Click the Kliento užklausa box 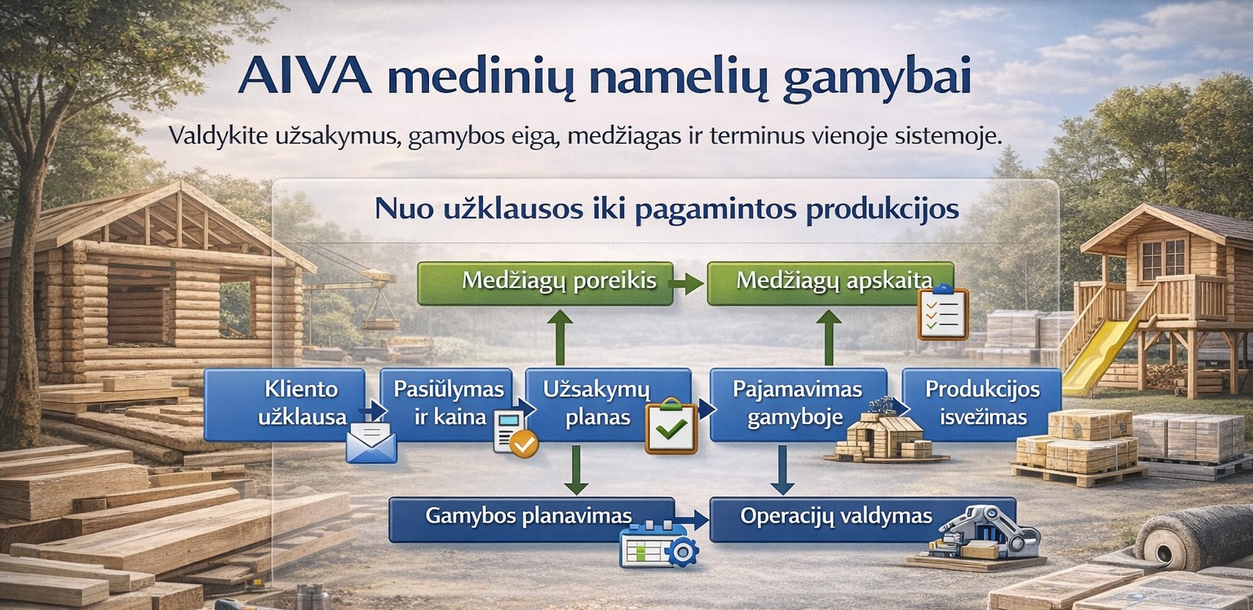pyautogui.click(x=285, y=404)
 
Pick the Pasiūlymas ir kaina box pyautogui.click(x=446, y=404)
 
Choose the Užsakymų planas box pyautogui.click(x=609, y=404)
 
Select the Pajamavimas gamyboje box pyautogui.click(x=799, y=404)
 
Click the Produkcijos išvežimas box pyautogui.click(x=982, y=404)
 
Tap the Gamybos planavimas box pyautogui.click(x=531, y=519)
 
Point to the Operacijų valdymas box pyautogui.click(x=862, y=519)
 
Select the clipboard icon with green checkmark pyautogui.click(x=671, y=426)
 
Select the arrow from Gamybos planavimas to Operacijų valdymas pyautogui.click(x=692, y=520)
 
